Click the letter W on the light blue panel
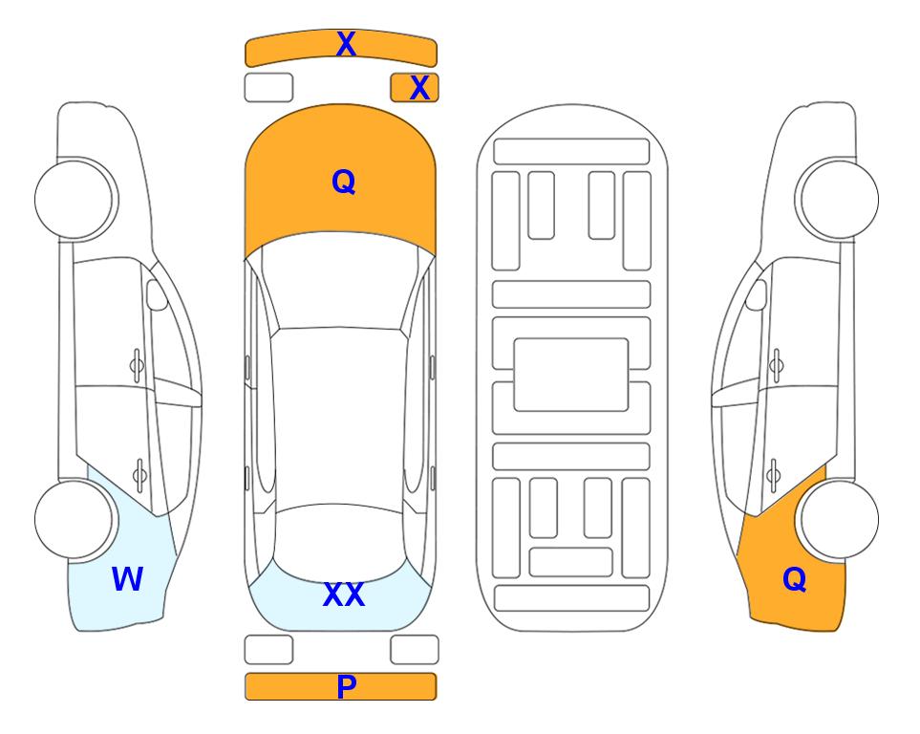point(127,579)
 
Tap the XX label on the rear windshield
point(344,594)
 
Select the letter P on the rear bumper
point(346,686)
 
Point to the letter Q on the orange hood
point(344,182)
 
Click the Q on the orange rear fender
point(795,579)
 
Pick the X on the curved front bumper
point(346,44)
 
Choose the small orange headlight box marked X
point(415,88)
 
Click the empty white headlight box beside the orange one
point(268,88)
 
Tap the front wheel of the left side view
point(74,199)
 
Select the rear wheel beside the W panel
point(74,520)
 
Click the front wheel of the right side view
point(840,199)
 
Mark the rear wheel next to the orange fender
point(840,520)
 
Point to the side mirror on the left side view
point(156,294)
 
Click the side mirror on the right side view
point(757,294)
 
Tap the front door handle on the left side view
point(137,366)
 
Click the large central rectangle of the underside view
point(571,375)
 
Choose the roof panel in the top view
point(339,417)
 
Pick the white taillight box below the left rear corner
point(268,650)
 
